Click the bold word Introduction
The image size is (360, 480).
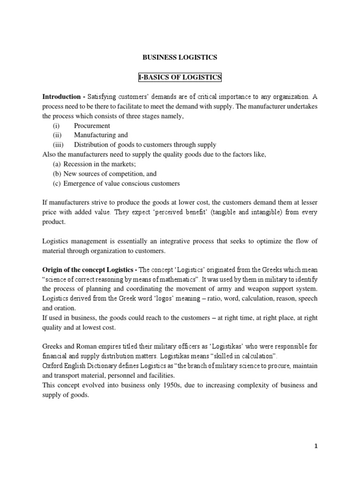click(x=62, y=97)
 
